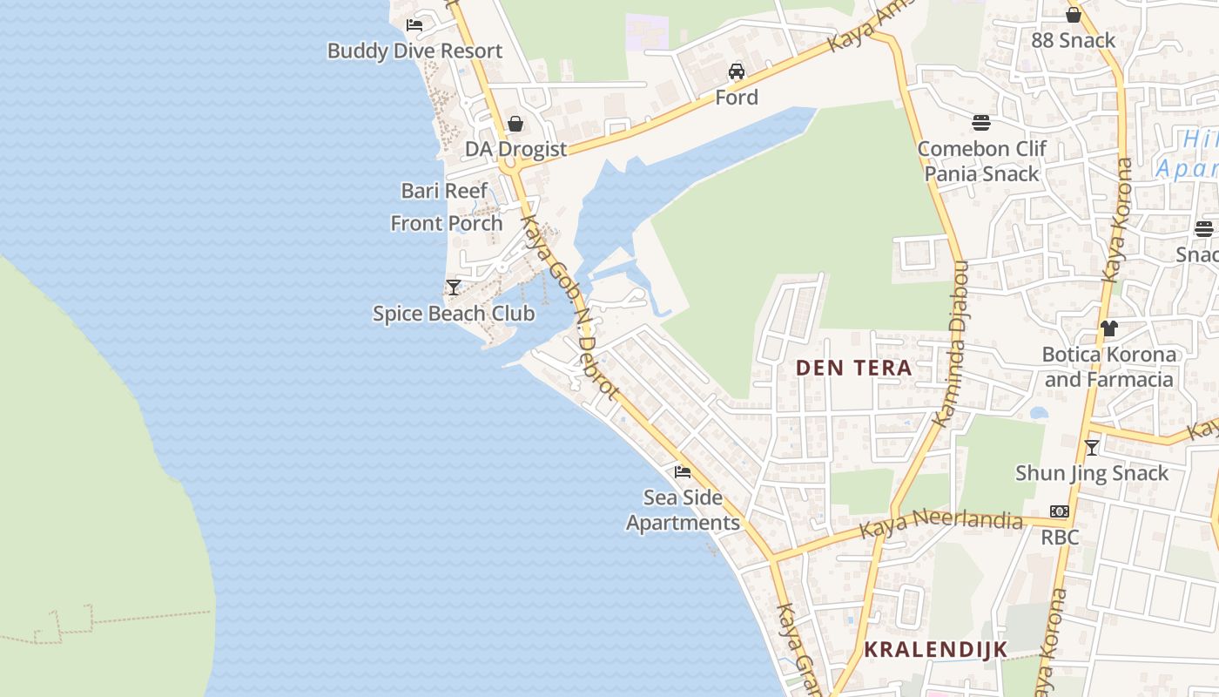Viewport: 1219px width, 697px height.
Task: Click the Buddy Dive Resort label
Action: [414, 51]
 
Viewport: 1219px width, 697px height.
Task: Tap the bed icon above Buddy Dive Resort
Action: [414, 24]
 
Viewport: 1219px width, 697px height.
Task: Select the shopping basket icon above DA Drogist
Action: [515, 124]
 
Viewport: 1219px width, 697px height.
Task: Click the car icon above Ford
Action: [737, 71]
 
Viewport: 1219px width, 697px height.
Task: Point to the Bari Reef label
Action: [444, 191]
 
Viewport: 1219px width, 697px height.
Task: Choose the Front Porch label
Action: [447, 223]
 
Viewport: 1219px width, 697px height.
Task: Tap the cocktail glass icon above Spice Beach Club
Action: [453, 287]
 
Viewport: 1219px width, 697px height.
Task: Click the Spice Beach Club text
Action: [454, 314]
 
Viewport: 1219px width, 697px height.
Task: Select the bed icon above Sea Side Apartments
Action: [683, 472]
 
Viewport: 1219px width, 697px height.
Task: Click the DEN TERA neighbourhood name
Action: [854, 368]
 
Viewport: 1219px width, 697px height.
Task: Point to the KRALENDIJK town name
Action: [935, 649]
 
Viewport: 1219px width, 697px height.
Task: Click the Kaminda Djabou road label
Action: [952, 344]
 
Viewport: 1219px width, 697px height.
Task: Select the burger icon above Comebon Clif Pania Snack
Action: [981, 122]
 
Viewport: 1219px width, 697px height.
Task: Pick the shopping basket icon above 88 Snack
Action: [1074, 15]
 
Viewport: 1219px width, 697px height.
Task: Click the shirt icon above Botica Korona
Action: [1108, 328]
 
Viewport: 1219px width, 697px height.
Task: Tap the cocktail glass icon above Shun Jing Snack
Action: [1092, 448]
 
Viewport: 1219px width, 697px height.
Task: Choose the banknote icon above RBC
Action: [1060, 511]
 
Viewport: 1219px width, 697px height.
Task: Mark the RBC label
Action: [1060, 537]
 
